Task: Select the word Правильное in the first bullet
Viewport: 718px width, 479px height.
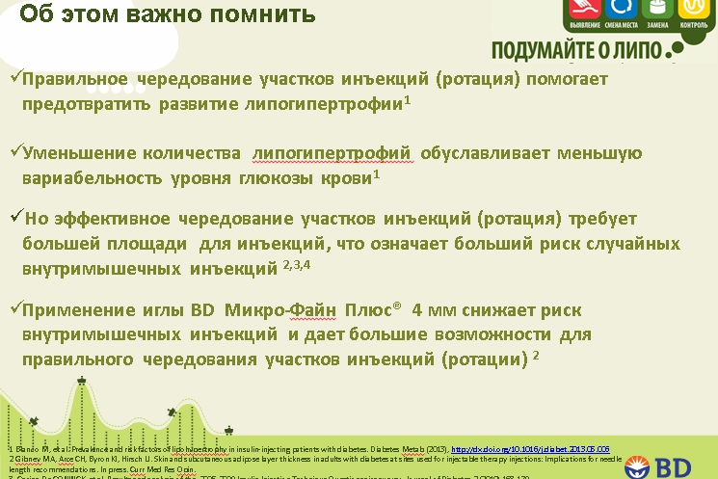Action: pos(81,78)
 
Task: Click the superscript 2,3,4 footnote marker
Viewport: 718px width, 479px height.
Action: pos(297,262)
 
